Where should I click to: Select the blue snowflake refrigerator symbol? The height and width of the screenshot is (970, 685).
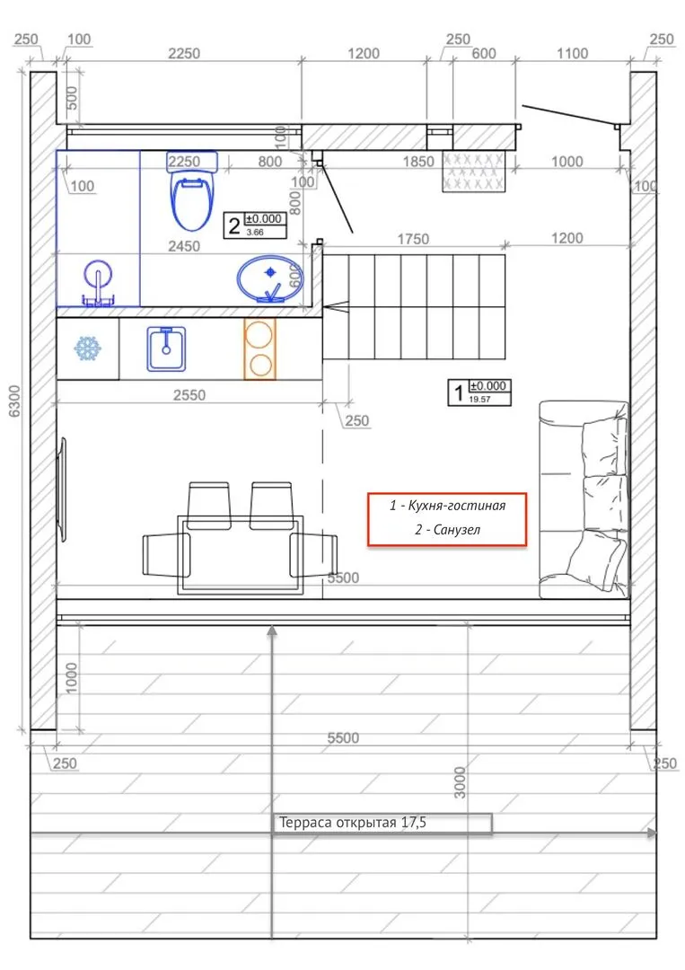[x=88, y=348]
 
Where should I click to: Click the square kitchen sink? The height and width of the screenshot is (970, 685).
[x=166, y=348]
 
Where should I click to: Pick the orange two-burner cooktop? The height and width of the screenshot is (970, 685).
[x=260, y=348]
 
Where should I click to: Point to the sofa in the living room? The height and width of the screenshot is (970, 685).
[x=584, y=500]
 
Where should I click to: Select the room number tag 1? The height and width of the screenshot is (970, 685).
[x=479, y=392]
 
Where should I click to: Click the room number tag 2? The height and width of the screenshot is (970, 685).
[x=255, y=225]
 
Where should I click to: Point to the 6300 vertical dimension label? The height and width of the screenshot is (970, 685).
[x=14, y=401]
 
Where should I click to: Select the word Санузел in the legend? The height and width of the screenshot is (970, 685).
[x=456, y=530]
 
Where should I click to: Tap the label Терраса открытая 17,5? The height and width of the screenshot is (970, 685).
[x=353, y=823]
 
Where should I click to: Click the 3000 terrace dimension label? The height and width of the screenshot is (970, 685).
[x=460, y=782]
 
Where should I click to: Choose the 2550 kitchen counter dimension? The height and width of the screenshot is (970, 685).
[x=189, y=394]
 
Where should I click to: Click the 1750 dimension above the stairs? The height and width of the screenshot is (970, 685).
[x=413, y=239]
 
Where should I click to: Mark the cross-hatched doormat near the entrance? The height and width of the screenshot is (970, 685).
[x=473, y=171]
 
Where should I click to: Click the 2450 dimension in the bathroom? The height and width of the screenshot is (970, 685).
[x=184, y=246]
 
